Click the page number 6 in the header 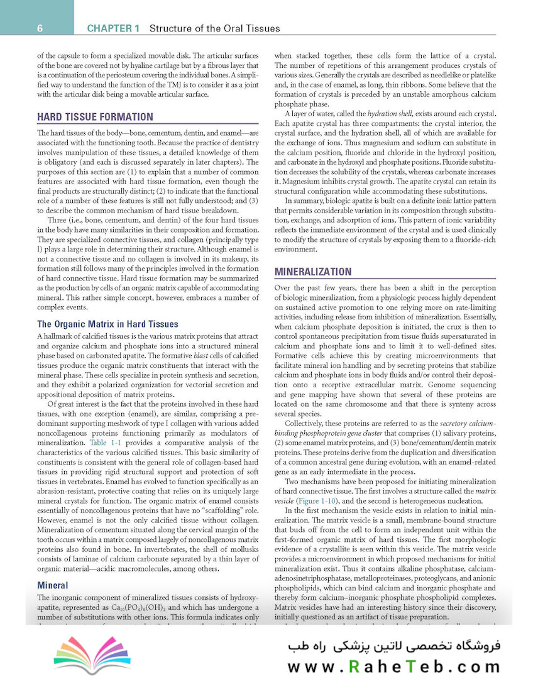(x=40, y=28)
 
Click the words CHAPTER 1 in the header (x=114, y=28)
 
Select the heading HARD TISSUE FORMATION (x=95, y=117)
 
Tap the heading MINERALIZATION (x=312, y=272)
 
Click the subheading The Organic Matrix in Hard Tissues (x=107, y=324)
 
